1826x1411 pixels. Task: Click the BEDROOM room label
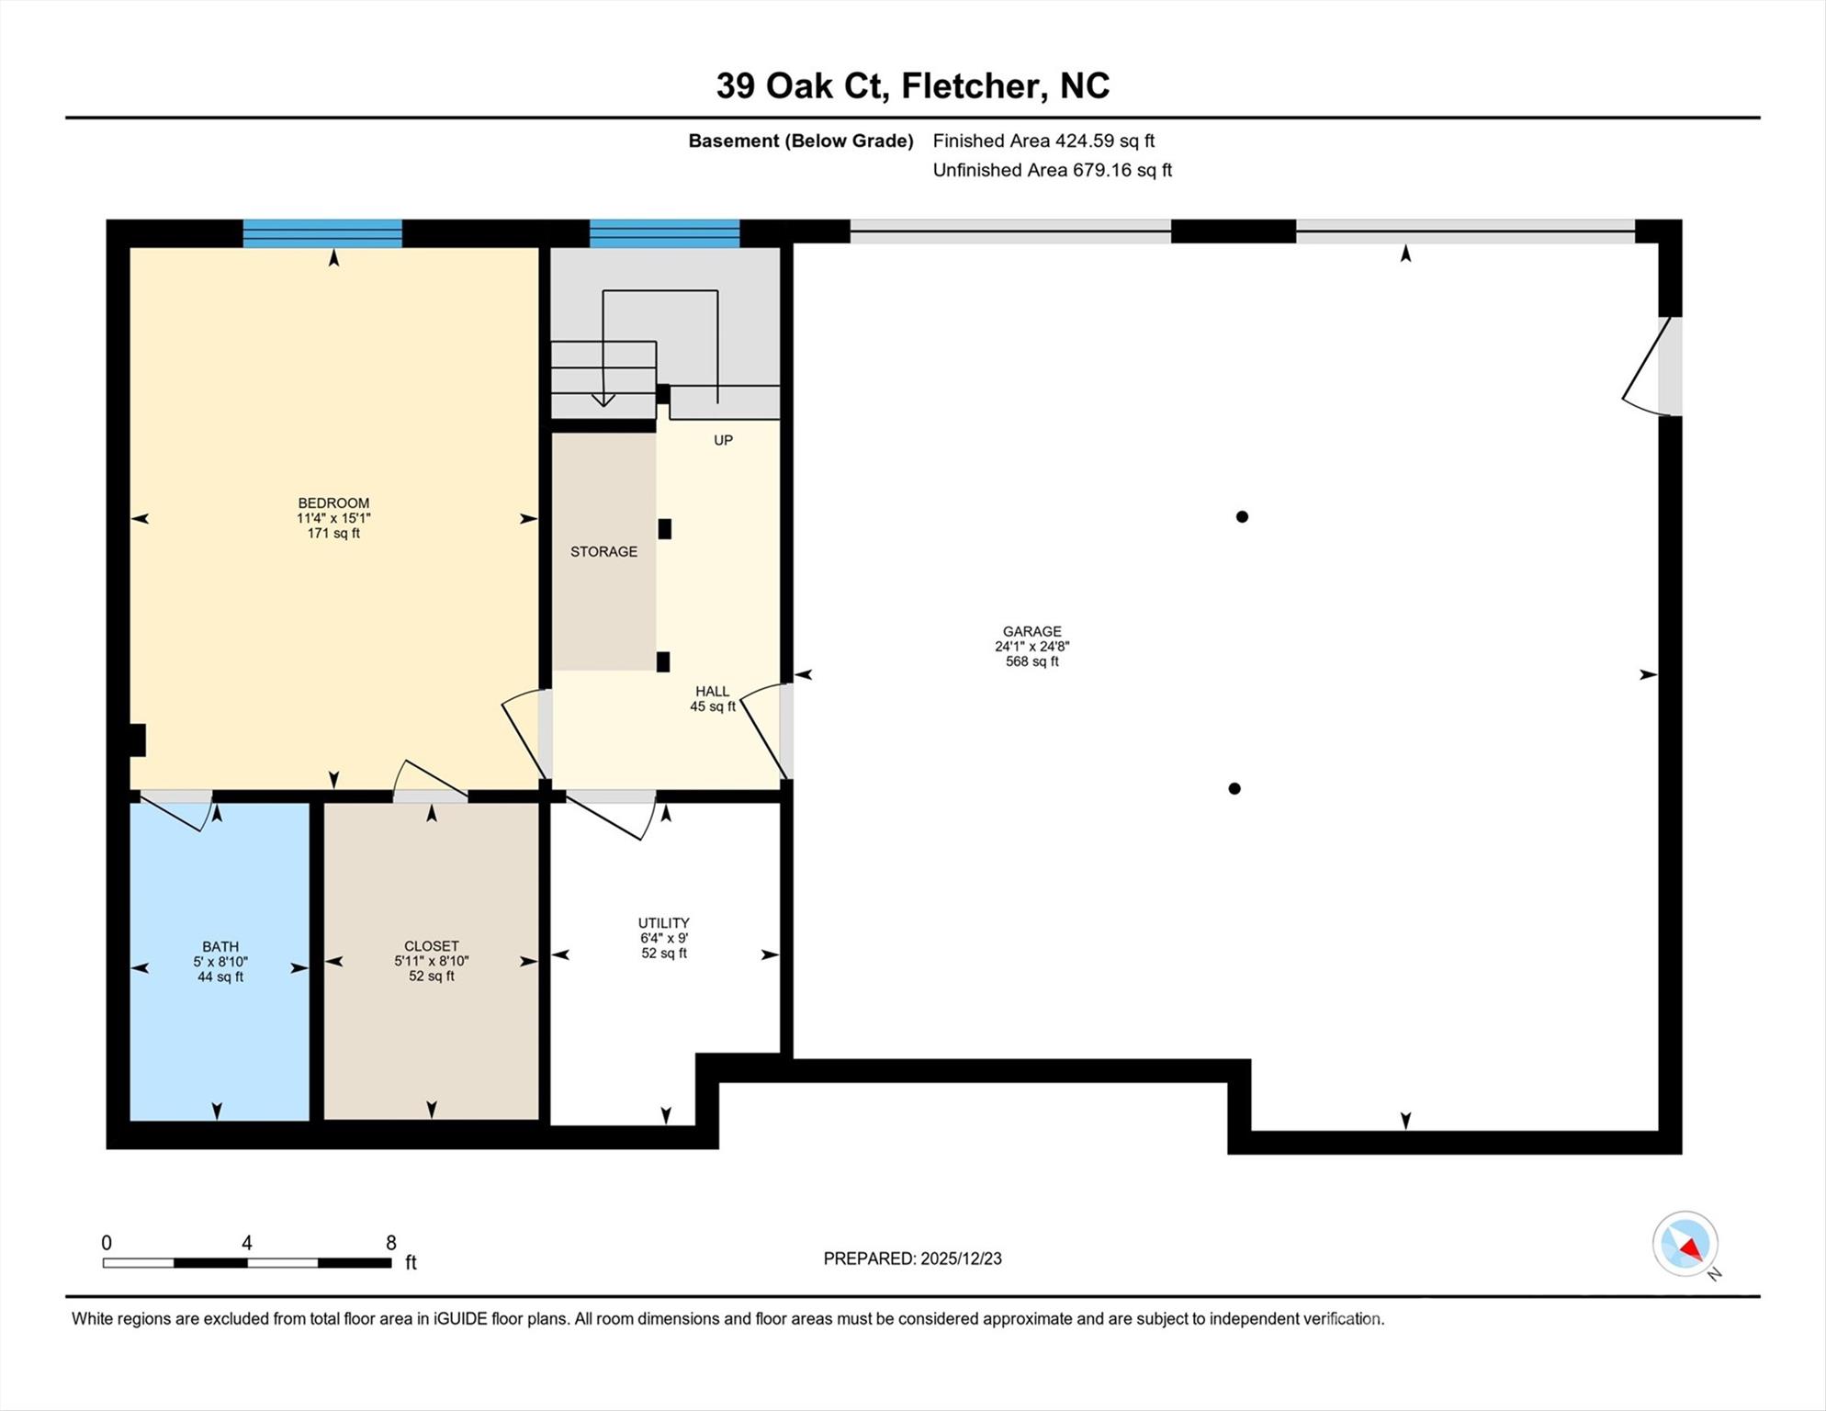click(333, 502)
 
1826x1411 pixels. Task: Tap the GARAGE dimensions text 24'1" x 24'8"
click(1031, 647)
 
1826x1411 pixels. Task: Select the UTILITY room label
click(663, 923)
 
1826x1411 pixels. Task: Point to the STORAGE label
click(603, 551)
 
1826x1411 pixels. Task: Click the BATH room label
click(220, 946)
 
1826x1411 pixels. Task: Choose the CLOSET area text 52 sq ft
click(432, 976)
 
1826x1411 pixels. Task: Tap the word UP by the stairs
click(723, 440)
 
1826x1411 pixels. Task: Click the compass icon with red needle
click(1685, 1244)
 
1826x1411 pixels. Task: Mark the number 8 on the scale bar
click(391, 1243)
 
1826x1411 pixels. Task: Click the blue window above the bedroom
click(322, 233)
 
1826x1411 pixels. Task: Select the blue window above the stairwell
click(664, 233)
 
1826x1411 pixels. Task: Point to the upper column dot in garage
click(1242, 516)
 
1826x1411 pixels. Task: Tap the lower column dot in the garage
click(1234, 788)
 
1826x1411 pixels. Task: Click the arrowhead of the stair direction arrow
click(603, 400)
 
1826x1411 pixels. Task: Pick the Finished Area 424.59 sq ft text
click(1043, 141)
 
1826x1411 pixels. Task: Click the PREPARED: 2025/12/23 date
click(912, 1259)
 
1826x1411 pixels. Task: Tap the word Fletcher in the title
click(973, 85)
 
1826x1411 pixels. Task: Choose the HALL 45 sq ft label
click(713, 699)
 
